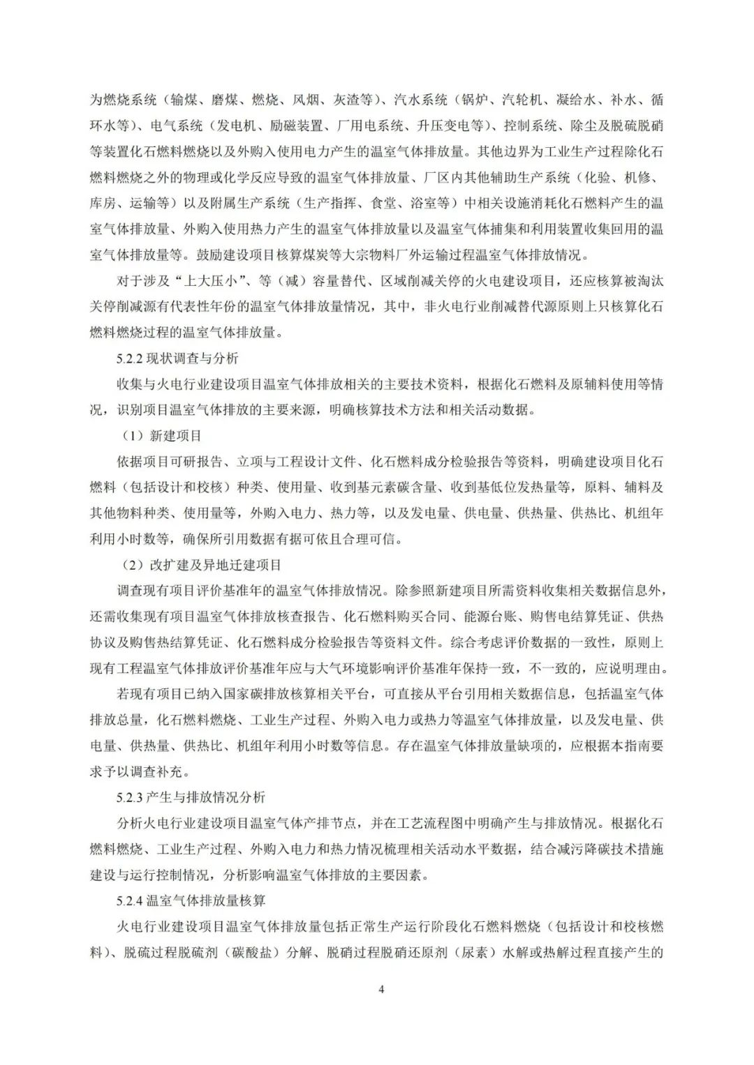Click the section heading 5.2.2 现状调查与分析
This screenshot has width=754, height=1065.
click(x=177, y=358)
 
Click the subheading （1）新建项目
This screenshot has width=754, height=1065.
click(x=161, y=436)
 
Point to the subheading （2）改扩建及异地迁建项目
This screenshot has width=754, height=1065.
click(x=201, y=565)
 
